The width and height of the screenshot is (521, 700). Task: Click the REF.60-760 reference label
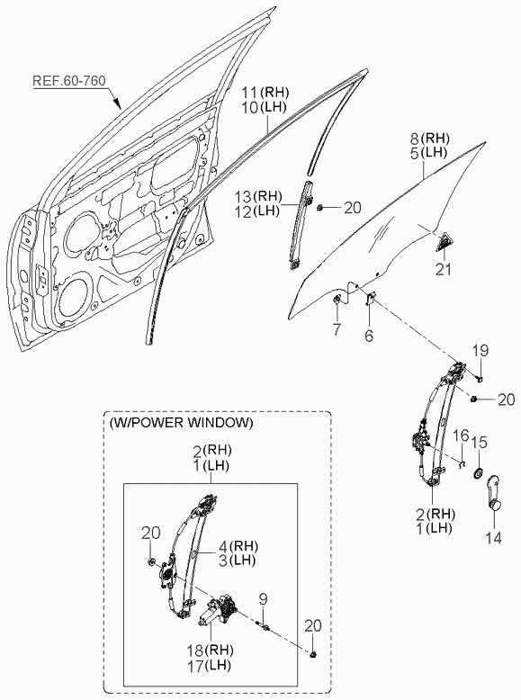pyautogui.click(x=69, y=81)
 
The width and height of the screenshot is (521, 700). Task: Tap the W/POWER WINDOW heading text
pyautogui.click(x=181, y=422)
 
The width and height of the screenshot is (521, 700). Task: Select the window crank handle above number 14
pyautogui.click(x=492, y=493)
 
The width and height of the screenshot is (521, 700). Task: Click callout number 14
pyautogui.click(x=493, y=538)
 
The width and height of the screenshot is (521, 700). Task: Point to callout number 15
pyautogui.click(x=480, y=443)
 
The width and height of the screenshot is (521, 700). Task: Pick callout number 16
pyautogui.click(x=462, y=435)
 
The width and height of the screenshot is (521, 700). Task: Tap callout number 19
pyautogui.click(x=481, y=351)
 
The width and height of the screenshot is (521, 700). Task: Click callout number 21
pyautogui.click(x=443, y=269)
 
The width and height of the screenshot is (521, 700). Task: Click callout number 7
pyautogui.click(x=337, y=329)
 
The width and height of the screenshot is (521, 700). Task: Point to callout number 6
pyautogui.click(x=369, y=336)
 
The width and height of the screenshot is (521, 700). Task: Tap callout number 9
pyautogui.click(x=264, y=600)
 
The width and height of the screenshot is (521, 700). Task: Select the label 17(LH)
pyautogui.click(x=209, y=666)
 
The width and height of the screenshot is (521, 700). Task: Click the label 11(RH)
pyautogui.click(x=265, y=93)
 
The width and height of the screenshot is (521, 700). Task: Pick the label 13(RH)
pyautogui.click(x=259, y=196)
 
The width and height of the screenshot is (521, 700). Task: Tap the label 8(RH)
pyautogui.click(x=429, y=138)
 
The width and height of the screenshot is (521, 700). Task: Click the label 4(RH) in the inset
pyautogui.click(x=238, y=545)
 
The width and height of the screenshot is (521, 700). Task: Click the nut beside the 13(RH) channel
pyautogui.click(x=319, y=207)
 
